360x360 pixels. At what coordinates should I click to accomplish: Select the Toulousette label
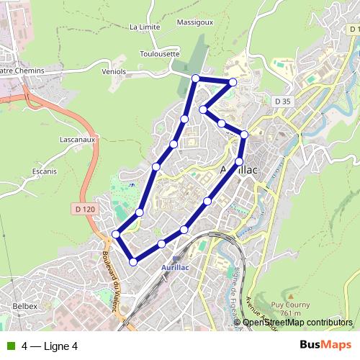159,53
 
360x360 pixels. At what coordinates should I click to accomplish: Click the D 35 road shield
282,101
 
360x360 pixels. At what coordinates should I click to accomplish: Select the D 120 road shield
84,209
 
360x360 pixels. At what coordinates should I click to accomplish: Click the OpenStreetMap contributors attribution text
297,322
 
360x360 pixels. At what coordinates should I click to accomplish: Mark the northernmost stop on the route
195,78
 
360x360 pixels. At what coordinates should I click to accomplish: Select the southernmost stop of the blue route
133,261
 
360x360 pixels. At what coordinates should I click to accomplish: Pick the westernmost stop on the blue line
116,234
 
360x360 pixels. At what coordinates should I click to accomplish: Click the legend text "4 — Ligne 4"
49,346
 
